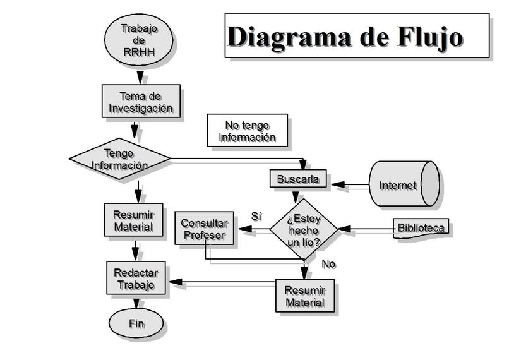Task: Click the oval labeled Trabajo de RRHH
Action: [138, 39]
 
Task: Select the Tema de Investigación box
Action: [140, 101]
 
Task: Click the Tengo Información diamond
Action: [119, 159]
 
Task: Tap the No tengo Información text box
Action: [247, 131]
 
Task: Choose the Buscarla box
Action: [298, 179]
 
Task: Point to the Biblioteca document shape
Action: [421, 228]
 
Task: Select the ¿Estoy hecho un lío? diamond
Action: [304, 229]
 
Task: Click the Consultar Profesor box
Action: [203, 229]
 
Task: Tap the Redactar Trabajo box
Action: [135, 278]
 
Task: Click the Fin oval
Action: [136, 323]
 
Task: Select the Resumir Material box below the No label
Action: [304, 296]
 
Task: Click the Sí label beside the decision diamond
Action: [256, 216]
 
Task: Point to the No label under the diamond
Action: [328, 264]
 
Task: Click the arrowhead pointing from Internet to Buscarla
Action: [338, 185]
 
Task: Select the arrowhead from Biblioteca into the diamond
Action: [345, 229]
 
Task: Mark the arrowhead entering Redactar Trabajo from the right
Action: [176, 282]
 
